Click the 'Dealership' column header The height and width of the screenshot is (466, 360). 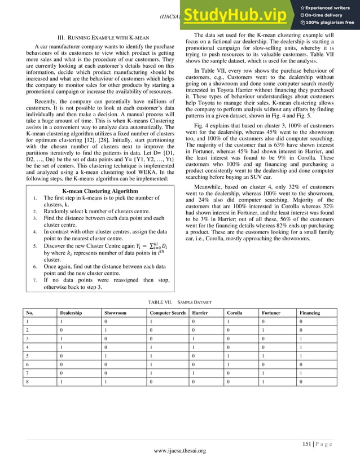[71, 313]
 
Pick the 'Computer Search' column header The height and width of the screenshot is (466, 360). [167, 313]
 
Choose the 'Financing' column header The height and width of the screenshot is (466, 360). [310, 313]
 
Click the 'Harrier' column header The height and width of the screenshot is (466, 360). [200, 313]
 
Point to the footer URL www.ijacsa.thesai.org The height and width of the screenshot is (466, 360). [179, 451]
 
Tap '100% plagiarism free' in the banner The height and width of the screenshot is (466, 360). [331, 22]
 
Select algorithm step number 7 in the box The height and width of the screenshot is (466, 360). [35, 279]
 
